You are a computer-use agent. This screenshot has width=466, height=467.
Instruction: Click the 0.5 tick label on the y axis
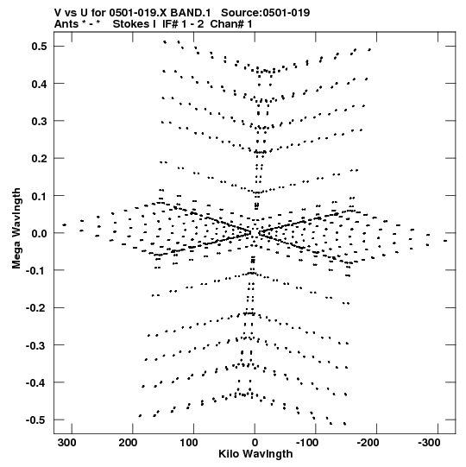[40, 47]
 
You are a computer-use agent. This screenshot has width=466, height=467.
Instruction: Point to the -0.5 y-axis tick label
[36, 420]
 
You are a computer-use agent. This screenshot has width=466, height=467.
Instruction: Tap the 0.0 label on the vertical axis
[40, 233]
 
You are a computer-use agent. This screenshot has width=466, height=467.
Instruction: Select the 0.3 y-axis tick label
[40, 121]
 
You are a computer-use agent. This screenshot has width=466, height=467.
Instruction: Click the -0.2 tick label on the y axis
[36, 308]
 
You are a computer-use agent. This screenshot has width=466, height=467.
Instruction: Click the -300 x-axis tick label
[429, 443]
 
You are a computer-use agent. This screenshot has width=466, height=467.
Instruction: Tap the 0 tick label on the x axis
[255, 443]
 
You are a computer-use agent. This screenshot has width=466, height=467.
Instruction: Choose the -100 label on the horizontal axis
[307, 443]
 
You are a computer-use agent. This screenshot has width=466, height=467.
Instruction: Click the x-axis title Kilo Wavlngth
[255, 454]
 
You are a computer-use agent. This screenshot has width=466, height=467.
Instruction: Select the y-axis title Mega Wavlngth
[16, 229]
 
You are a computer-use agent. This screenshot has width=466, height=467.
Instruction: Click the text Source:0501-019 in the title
[265, 13]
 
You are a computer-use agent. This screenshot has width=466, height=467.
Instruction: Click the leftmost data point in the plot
[65, 224]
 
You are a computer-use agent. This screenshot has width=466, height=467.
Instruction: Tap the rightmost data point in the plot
[445, 241]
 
